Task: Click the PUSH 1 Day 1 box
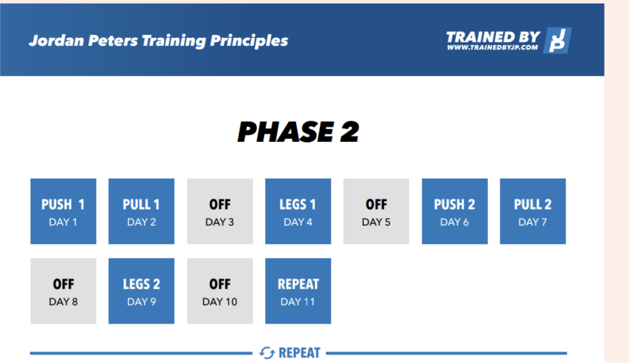[63, 211]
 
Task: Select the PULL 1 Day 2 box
[141, 211]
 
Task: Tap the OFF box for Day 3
[220, 211]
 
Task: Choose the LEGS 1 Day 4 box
[298, 211]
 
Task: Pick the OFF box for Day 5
[376, 211]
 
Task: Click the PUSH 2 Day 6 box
[455, 211]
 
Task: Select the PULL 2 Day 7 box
[533, 211]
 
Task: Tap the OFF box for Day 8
[63, 291]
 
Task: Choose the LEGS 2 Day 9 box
[141, 291]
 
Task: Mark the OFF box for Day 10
[220, 291]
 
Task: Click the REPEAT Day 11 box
[298, 291]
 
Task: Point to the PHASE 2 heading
[298, 132]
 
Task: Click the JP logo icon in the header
[557, 41]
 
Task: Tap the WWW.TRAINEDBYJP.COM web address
[493, 47]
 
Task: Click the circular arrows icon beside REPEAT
[267, 353]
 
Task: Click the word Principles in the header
[249, 41]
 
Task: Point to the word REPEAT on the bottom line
[299, 353]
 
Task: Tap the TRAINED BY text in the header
[493, 37]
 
